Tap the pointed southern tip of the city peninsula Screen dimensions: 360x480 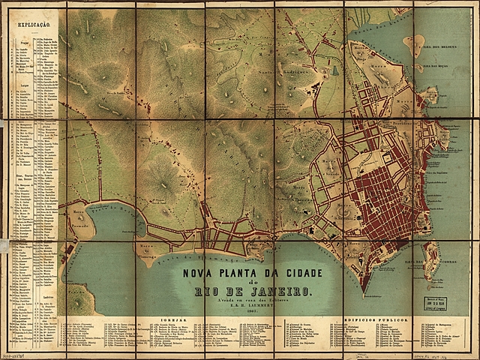pyautogui.click(x=362, y=292)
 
